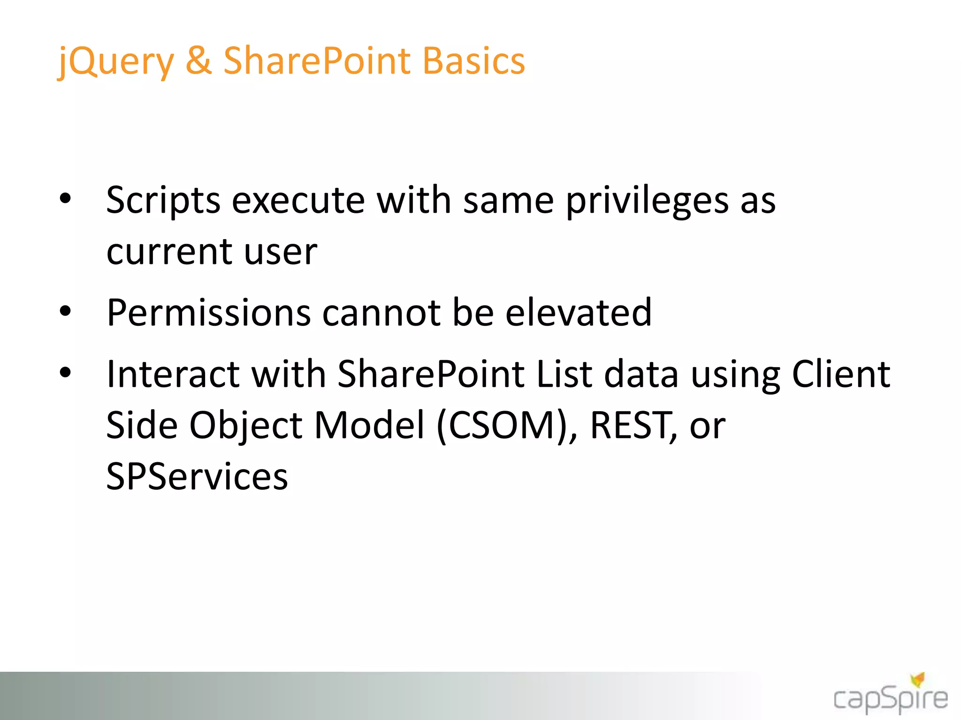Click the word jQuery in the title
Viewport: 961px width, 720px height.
[x=115, y=62]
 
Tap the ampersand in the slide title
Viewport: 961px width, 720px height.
[x=198, y=61]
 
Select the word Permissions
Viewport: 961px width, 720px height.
[x=208, y=313]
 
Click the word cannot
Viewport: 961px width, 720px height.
[x=381, y=313]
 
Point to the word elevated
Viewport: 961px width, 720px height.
[x=578, y=313]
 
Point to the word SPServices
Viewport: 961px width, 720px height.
[x=197, y=477]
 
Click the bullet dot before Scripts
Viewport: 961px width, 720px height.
[x=65, y=198]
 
